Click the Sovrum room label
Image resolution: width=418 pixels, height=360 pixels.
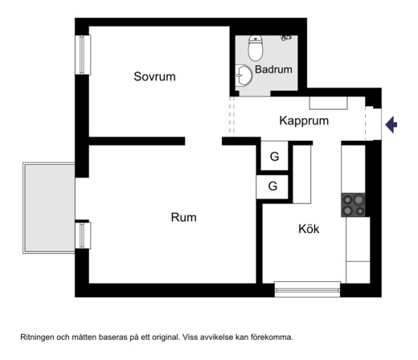(154, 76)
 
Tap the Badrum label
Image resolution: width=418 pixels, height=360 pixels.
(273, 69)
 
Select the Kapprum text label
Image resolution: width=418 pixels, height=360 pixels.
(304, 121)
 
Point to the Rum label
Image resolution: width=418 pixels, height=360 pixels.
(183, 217)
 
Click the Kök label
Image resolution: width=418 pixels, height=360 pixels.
(309, 229)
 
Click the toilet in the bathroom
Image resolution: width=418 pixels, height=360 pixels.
(256, 48)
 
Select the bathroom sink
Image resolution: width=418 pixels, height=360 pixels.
(244, 76)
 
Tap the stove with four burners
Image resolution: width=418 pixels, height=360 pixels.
(353, 205)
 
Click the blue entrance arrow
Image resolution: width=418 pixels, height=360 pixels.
(391, 125)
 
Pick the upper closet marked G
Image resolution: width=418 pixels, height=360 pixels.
(274, 156)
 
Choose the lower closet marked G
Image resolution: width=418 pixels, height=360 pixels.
(273, 186)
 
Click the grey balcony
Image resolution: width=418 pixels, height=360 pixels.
(49, 208)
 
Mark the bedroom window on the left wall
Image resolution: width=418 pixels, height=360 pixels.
(83, 55)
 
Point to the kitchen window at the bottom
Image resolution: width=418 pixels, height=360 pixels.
(307, 289)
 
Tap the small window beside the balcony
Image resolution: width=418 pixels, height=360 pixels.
(83, 235)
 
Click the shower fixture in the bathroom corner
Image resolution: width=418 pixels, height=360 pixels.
(286, 38)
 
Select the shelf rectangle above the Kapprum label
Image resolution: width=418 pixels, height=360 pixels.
(329, 103)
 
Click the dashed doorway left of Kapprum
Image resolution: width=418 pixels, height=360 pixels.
(232, 115)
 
